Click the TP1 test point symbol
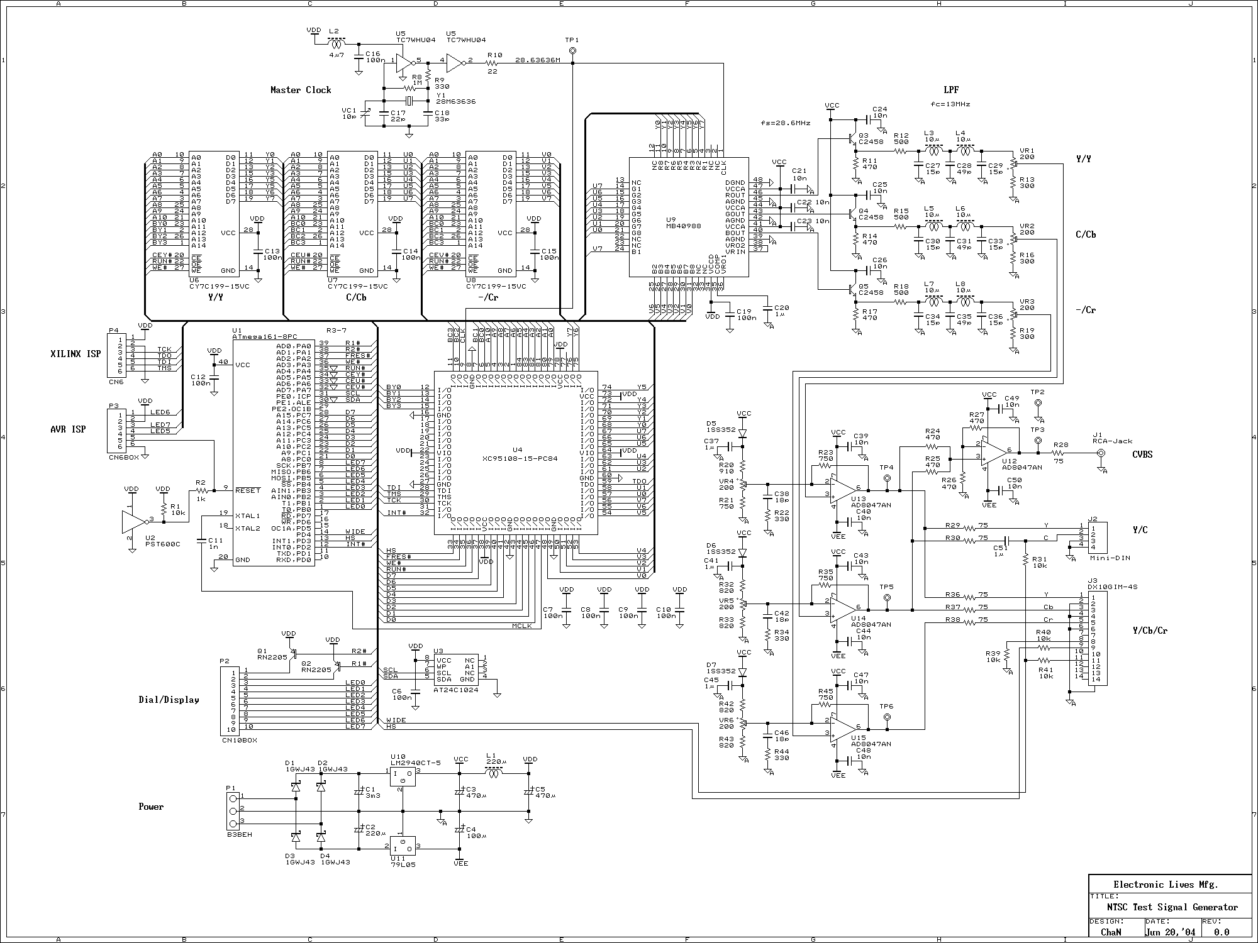click(x=572, y=51)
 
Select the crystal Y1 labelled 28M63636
click(x=408, y=101)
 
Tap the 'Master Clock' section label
click(x=301, y=90)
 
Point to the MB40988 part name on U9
click(x=683, y=226)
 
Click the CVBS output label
click(x=1142, y=454)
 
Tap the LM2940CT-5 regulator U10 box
click(x=402, y=778)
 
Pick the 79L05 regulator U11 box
click(x=402, y=844)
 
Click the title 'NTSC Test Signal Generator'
click(x=1172, y=907)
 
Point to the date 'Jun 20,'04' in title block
click(x=1171, y=932)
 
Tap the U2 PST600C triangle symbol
click(x=133, y=521)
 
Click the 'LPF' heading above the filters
click(x=951, y=90)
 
